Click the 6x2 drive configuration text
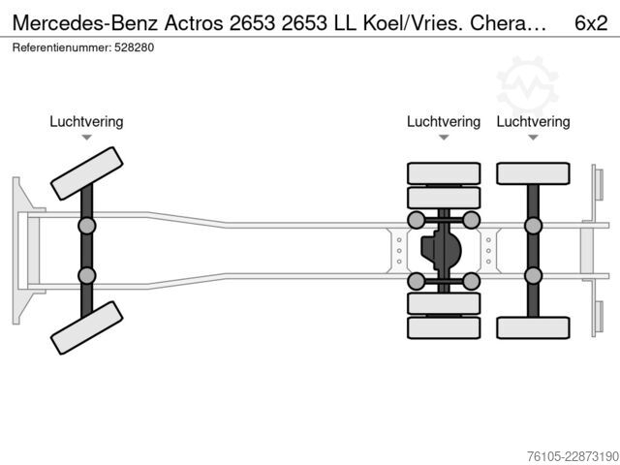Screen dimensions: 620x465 coord(591,23)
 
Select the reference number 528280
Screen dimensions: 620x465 coord(134,47)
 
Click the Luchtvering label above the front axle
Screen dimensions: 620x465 coord(86,121)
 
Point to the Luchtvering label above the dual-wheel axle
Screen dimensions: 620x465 coord(444,121)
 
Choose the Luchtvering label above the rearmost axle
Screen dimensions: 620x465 coord(533,121)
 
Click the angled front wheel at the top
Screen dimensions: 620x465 coord(86,173)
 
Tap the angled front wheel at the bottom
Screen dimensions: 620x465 coord(86,327)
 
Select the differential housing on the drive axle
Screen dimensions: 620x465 coord(441,250)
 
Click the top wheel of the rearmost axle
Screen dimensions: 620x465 coord(533,173)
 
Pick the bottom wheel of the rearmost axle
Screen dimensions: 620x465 coord(533,327)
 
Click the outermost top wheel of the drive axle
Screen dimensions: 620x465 coord(444,173)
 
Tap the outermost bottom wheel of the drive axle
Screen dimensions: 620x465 coord(444,327)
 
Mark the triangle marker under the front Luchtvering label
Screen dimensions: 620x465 coord(86,138)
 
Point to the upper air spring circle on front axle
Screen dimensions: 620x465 coord(86,226)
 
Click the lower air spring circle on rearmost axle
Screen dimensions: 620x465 coord(533,275)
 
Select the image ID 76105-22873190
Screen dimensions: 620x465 coord(573,456)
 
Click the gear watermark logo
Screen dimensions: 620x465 coord(527,86)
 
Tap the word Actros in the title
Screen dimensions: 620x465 coord(194,23)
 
